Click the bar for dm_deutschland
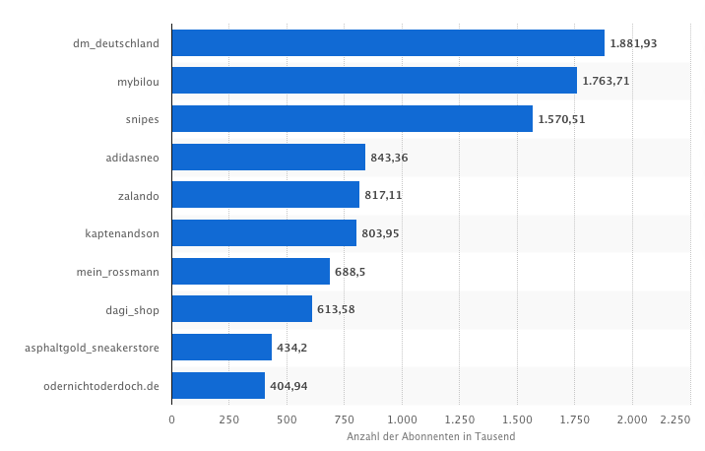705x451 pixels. click(388, 43)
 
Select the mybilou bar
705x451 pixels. click(374, 81)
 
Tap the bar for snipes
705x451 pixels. click(352, 119)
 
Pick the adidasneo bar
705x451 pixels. click(268, 158)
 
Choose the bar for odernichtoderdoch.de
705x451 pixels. click(218, 385)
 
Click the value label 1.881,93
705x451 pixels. click(633, 43)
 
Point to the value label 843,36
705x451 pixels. click(390, 158)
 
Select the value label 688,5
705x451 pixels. click(351, 272)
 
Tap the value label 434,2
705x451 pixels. click(292, 348)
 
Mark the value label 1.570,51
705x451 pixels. click(561, 119)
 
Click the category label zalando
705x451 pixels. click(138, 195)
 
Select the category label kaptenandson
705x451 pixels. click(122, 233)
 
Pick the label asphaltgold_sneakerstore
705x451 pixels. click(93, 348)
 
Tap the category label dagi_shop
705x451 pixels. click(132, 309)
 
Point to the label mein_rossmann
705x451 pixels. click(118, 272)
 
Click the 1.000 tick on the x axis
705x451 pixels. click(402, 420)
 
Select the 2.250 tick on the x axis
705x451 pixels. click(675, 420)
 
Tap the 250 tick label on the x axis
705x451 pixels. click(228, 420)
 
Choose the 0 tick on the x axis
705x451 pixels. click(171, 420)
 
